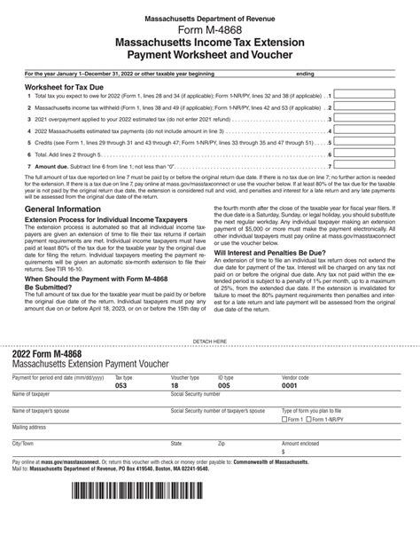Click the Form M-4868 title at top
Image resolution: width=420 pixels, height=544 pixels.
[x=210, y=28]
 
